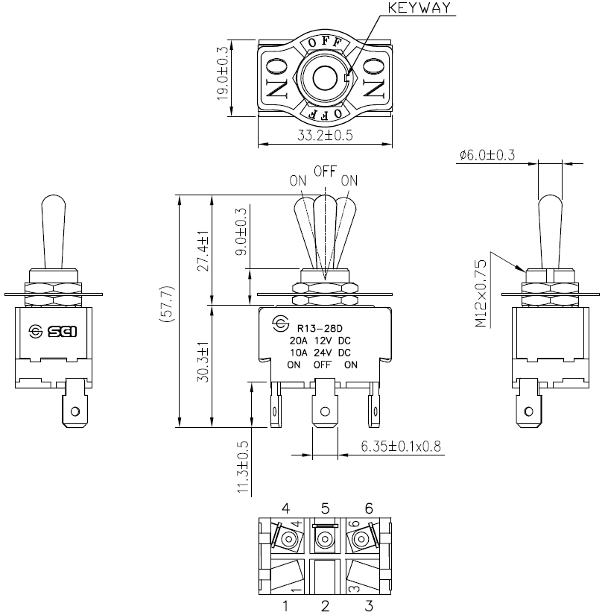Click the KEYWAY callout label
pos(419,8)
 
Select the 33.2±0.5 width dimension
pos(325,136)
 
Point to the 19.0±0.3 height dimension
pos(222,73)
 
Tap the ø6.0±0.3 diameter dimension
pos(487,155)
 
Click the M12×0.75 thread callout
pos(481,293)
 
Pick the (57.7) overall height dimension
pos(166,304)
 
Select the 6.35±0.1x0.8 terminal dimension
pos(401,446)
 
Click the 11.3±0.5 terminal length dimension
pos(243,467)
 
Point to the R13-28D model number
pos(320,328)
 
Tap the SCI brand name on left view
pos(63,332)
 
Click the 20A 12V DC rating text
pos(320,341)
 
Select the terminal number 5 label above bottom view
pos(325,508)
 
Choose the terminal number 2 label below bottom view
pos(325,606)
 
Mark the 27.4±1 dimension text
pos(203,251)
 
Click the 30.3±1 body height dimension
pos(203,362)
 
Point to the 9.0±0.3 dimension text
pos(241,231)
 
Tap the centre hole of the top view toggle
pos(325,78)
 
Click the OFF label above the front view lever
pos(325,171)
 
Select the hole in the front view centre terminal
pos(325,411)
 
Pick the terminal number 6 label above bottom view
pos(369,508)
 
